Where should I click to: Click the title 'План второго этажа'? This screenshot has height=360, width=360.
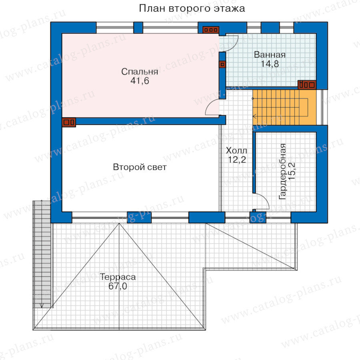tap(192, 8)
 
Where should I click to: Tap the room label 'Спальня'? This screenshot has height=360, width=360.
tap(140, 72)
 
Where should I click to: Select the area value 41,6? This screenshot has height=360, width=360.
tap(140, 81)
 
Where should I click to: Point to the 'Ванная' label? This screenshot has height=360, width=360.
tap(270, 55)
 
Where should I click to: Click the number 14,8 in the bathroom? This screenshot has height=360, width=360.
tap(270, 64)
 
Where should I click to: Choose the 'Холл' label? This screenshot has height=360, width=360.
tap(236, 151)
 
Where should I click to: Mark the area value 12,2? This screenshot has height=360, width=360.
tap(237, 160)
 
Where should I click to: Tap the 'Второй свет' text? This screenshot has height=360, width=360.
tap(140, 167)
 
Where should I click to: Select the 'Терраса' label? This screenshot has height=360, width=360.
tap(118, 277)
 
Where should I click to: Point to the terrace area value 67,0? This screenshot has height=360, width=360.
tap(118, 286)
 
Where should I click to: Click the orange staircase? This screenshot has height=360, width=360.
tap(284, 108)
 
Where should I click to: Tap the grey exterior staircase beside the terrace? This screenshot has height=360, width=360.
tap(42, 254)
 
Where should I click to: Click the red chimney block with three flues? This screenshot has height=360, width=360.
tap(210, 30)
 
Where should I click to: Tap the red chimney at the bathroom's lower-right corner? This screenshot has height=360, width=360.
tap(307, 85)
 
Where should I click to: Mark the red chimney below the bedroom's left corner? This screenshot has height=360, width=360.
tap(69, 122)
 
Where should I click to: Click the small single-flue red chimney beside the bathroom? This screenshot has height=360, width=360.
tap(222, 64)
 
